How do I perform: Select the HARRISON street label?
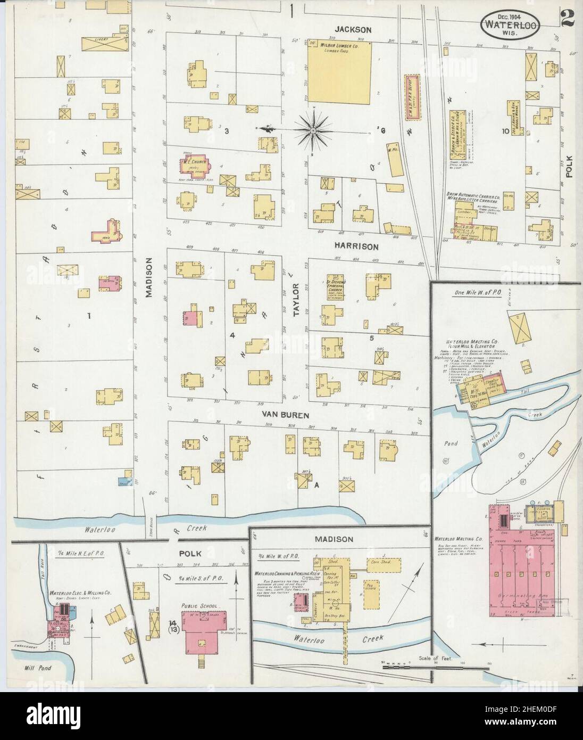[x=356, y=246]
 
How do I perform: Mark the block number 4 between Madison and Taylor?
[x=232, y=335]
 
